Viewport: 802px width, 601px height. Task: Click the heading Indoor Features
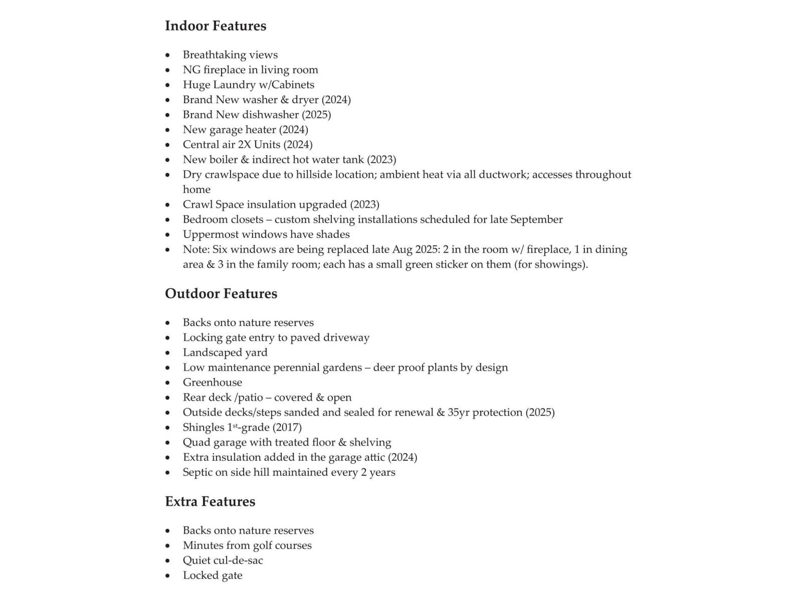point(216,26)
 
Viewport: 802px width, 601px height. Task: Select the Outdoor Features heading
point(221,293)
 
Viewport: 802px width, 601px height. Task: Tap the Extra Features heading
point(210,502)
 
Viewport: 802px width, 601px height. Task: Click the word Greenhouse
point(213,383)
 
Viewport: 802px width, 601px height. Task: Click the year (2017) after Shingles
point(287,428)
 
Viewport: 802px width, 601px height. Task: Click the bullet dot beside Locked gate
point(168,576)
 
